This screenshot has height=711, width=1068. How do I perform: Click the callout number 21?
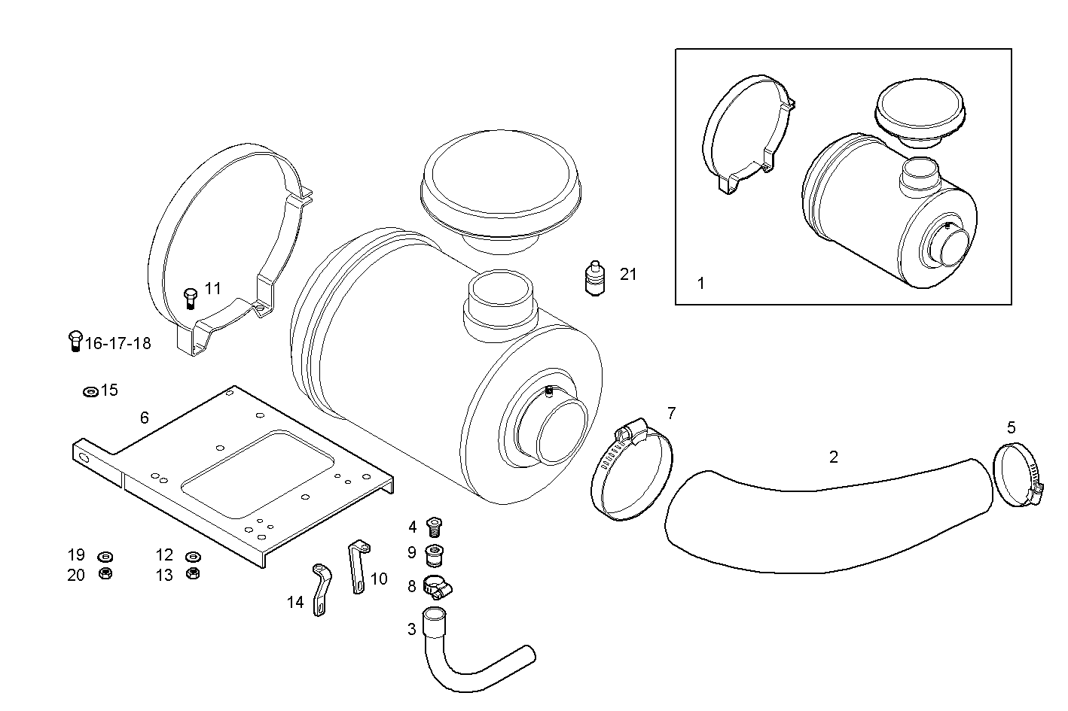point(628,275)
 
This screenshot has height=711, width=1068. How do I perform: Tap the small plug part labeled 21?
point(595,279)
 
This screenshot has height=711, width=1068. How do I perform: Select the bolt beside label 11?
point(190,298)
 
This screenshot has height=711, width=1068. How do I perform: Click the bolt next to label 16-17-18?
point(75,342)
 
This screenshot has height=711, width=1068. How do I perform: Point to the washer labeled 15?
point(90,392)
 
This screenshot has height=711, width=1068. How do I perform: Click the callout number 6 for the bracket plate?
point(144,418)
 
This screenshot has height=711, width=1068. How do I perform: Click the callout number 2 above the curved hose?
point(833,457)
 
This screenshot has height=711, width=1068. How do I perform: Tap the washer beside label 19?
point(105,557)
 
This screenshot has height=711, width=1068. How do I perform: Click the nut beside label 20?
point(105,574)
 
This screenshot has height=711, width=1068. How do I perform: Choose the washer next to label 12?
point(192,557)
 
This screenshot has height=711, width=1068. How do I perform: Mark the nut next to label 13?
point(192,574)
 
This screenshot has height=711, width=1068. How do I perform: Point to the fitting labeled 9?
point(434,555)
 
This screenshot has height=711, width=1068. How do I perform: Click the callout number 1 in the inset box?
point(701,284)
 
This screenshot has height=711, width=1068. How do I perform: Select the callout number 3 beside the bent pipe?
point(411,629)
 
